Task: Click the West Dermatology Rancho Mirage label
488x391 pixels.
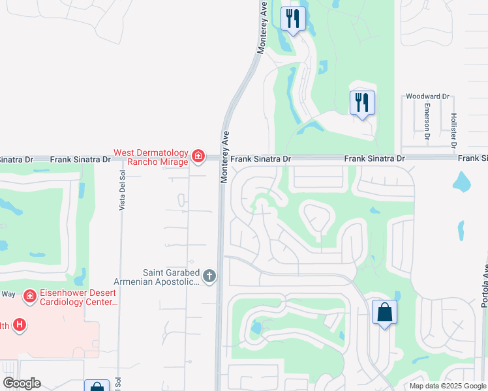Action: point(151,157)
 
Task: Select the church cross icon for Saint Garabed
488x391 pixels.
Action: point(209,276)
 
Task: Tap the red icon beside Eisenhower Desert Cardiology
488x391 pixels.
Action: point(29,297)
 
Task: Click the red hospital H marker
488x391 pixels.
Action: point(20,325)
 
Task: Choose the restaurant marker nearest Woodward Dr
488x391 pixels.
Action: point(362,102)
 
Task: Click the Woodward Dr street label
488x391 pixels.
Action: point(428,96)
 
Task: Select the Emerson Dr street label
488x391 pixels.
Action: point(427,121)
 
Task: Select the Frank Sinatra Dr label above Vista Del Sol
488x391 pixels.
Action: point(87,159)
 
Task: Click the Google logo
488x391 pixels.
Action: point(22,383)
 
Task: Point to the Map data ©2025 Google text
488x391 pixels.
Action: point(448,386)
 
